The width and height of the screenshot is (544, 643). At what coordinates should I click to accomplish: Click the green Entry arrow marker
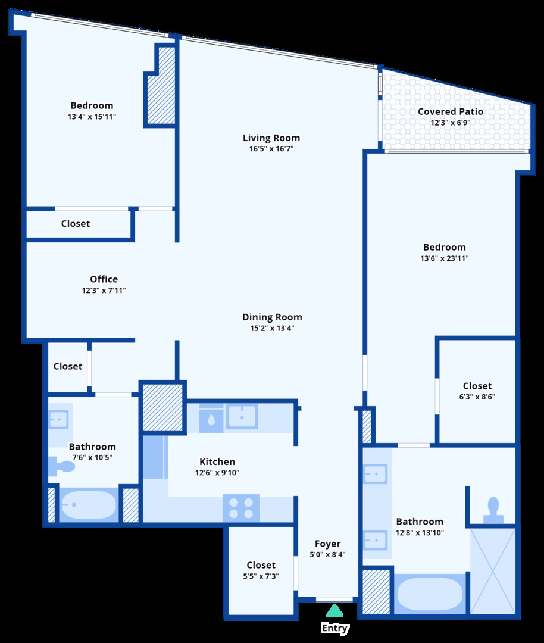point(334,611)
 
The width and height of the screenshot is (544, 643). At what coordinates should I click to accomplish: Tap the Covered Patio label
point(450,111)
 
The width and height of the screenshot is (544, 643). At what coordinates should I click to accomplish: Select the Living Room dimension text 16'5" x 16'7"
point(271,149)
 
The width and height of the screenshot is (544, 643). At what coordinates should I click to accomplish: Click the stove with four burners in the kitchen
point(241,508)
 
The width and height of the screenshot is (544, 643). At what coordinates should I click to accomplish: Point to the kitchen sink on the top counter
point(242,417)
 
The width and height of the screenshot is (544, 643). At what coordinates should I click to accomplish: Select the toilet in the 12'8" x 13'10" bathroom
point(492,508)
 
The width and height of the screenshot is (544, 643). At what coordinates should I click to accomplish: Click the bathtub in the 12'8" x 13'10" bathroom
point(429,594)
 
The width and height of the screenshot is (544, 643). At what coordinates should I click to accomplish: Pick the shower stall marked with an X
point(492,570)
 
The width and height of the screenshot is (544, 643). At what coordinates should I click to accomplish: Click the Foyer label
point(327,544)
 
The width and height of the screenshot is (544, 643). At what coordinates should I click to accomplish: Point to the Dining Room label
point(272,317)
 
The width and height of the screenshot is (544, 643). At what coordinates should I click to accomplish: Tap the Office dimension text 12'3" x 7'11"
point(104,291)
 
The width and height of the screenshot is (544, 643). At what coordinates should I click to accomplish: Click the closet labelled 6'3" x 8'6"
point(477,391)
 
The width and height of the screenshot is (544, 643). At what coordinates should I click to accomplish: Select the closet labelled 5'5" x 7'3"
point(261,570)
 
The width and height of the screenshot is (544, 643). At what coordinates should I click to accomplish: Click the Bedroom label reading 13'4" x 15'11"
point(92,105)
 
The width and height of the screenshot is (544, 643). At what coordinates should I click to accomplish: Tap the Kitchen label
point(217,461)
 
